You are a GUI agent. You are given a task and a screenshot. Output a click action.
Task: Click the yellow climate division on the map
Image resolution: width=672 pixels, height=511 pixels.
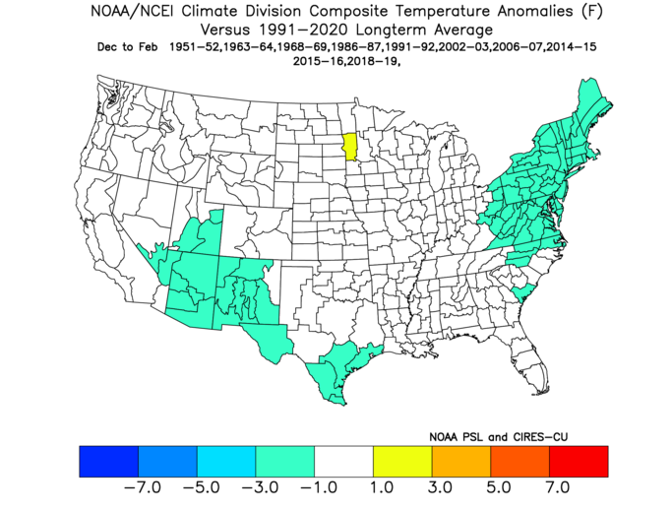351,147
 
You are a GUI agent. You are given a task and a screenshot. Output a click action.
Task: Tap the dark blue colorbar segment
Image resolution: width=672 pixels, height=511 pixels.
109,461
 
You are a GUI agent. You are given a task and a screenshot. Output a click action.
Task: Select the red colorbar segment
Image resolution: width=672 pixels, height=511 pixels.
579,461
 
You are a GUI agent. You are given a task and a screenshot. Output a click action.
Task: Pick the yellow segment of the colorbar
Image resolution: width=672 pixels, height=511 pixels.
402,461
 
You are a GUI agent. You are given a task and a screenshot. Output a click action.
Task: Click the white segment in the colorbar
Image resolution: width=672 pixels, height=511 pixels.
343,461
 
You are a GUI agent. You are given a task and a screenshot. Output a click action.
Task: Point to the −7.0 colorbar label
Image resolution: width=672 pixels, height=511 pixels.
143,487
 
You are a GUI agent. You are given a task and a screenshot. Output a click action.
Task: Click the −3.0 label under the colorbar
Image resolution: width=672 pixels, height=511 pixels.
260,487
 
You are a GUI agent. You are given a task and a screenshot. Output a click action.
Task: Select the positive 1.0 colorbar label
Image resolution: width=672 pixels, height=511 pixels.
382,487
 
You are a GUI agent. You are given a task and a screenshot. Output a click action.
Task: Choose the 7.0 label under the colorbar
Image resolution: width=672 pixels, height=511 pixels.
557,487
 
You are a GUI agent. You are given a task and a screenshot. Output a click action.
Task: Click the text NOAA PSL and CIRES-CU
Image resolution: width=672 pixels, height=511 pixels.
499,437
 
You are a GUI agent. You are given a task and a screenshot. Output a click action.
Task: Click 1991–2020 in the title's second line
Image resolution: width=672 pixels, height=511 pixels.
305,31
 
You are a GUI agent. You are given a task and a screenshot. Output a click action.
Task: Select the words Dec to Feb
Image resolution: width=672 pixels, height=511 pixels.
127,46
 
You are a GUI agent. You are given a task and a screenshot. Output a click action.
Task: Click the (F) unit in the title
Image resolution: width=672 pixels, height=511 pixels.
592,11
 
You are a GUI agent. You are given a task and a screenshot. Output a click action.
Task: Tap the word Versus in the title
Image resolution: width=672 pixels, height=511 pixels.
225,31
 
